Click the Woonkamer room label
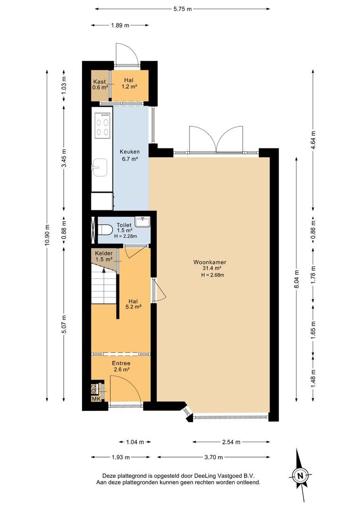tap(210, 263)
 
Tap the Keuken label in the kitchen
tap(130, 152)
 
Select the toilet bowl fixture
tap(105, 230)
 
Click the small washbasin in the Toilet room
tap(142, 222)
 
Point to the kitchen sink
tap(99, 167)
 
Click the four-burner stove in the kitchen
tap(102, 124)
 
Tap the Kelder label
tap(104, 253)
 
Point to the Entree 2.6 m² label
tap(122, 367)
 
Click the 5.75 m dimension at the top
tap(182, 9)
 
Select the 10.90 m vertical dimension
tap(48, 235)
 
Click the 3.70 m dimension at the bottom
tap(213, 457)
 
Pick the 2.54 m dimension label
tap(231, 442)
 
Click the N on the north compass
tap(300, 476)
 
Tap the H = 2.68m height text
tap(213, 275)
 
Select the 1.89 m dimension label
tap(120, 25)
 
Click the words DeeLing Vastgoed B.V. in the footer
tap(224, 476)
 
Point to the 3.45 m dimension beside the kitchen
tap(64, 158)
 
